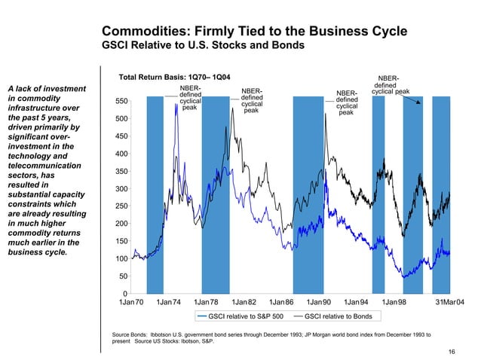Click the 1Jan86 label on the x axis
[x=282, y=302]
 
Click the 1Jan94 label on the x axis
[x=357, y=302]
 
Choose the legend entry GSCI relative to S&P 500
[x=245, y=316]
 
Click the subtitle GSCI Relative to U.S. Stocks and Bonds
[x=203, y=46]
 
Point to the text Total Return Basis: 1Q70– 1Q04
[x=171, y=77]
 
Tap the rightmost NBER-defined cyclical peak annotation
[x=390, y=84]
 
